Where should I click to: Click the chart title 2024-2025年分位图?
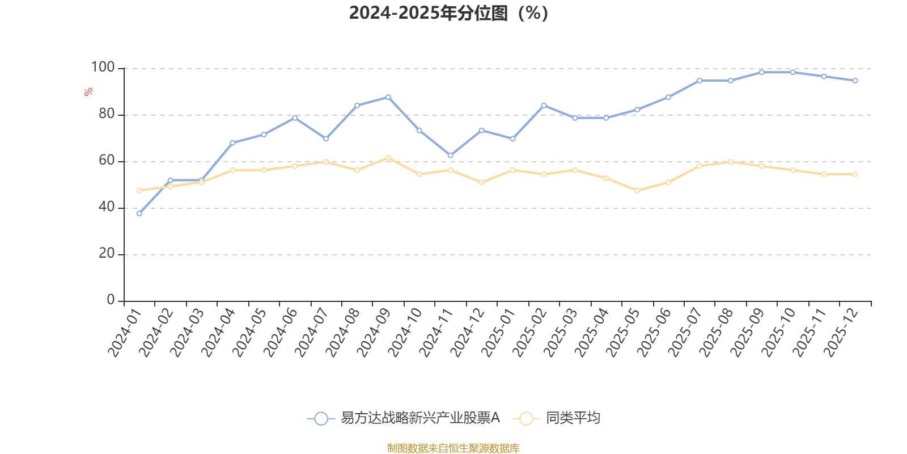(x=448, y=13)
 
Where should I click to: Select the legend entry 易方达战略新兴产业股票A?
(x=419, y=418)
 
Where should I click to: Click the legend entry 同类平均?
(x=573, y=418)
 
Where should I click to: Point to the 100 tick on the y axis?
(x=103, y=68)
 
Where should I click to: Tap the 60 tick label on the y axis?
(x=106, y=161)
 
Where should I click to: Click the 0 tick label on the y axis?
(x=111, y=300)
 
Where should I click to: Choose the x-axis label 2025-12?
(x=840, y=333)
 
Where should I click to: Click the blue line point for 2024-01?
(x=139, y=213)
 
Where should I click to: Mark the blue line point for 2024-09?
(x=388, y=97)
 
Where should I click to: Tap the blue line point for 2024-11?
(x=450, y=155)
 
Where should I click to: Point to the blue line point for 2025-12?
(x=855, y=81)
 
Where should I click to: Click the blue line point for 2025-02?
(x=544, y=105)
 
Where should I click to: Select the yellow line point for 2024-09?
(x=388, y=158)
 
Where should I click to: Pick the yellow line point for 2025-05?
(x=637, y=191)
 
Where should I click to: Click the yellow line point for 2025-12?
(x=855, y=174)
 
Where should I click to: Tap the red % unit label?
(x=88, y=92)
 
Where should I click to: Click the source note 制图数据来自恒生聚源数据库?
(x=453, y=448)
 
